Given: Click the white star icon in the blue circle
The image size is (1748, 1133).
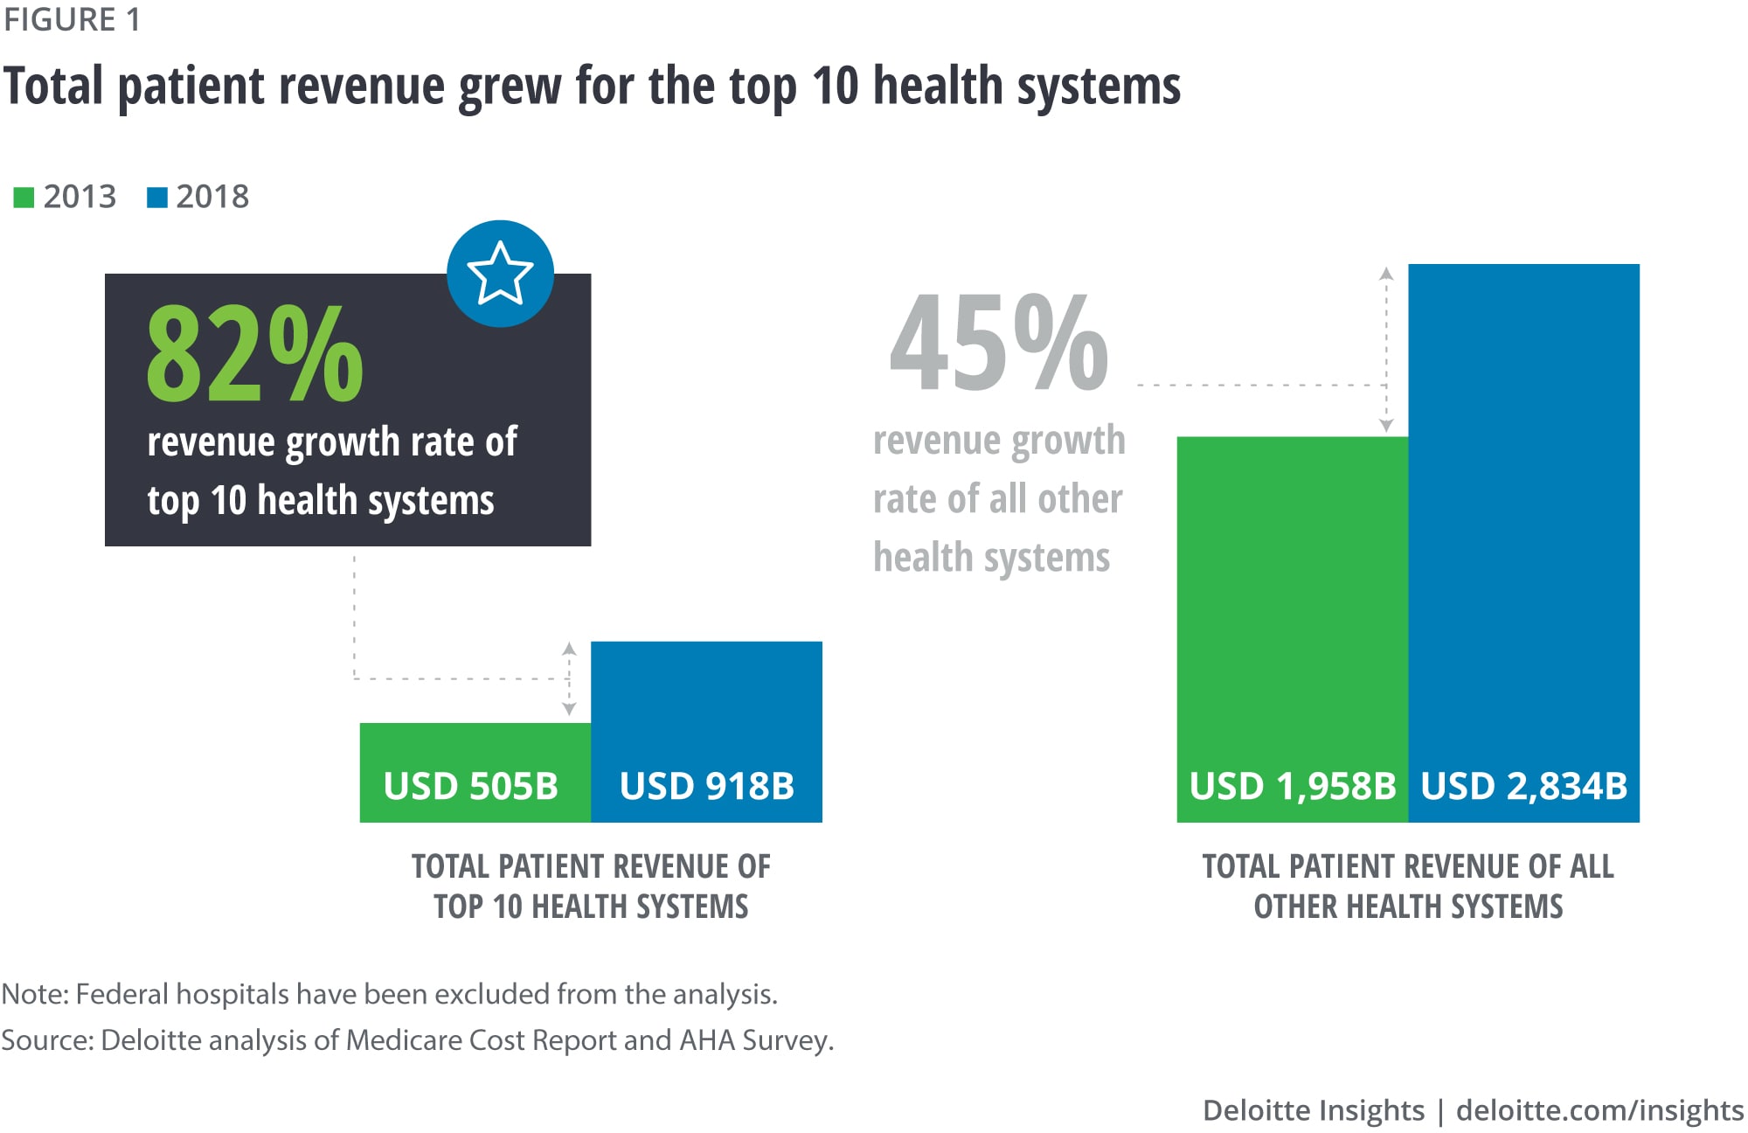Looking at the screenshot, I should click(x=500, y=274).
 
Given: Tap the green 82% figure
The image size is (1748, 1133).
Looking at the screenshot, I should click(x=254, y=353).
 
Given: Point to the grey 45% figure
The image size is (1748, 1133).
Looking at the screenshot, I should click(x=999, y=343).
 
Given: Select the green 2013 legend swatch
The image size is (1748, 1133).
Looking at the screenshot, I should click(x=24, y=198).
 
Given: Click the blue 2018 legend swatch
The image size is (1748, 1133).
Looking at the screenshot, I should click(x=157, y=198).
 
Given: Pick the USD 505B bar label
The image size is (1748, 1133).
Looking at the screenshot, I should click(x=470, y=786).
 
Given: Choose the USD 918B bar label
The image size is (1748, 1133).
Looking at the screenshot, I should click(x=706, y=786).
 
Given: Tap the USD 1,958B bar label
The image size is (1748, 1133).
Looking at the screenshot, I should click(x=1293, y=786).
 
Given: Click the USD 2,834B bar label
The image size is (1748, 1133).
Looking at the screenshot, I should click(x=1523, y=786).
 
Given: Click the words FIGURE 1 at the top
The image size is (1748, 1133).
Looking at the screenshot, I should click(x=72, y=19).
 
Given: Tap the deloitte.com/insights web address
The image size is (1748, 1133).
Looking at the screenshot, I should click(x=1599, y=1110).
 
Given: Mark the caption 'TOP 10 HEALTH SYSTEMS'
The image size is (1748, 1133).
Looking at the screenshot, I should click(x=591, y=907).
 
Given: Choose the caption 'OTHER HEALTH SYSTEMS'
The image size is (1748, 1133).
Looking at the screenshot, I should click(x=1408, y=907).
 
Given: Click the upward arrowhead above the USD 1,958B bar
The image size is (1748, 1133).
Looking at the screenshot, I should click(x=1386, y=274).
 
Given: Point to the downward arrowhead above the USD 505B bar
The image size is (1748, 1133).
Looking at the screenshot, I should click(x=569, y=709).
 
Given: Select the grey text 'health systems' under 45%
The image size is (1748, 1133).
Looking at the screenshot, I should click(x=991, y=557).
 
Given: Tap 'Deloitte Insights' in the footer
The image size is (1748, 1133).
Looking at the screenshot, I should click(x=1313, y=1110).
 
